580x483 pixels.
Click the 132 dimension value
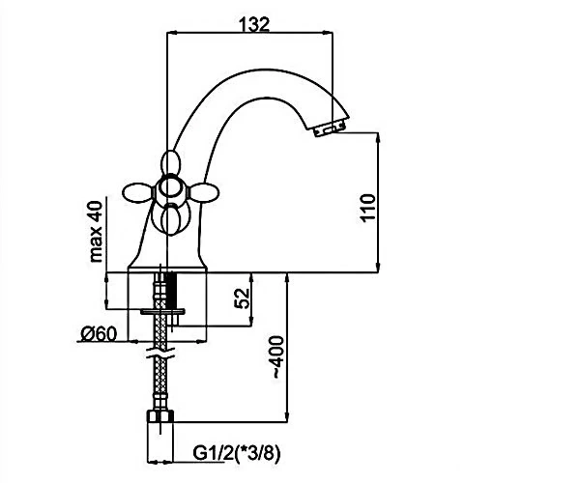[254, 25]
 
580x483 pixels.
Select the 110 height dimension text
[367, 208]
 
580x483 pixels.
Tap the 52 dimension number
[243, 298]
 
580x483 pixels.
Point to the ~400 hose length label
[278, 356]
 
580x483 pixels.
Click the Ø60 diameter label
[99, 334]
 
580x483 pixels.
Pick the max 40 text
[96, 231]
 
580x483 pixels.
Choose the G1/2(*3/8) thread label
[237, 453]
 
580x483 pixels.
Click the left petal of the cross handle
[137, 192]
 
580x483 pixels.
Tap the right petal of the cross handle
[204, 192]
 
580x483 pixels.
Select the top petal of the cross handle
[171, 162]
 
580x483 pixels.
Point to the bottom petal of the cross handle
[171, 220]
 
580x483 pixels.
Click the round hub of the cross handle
[170, 188]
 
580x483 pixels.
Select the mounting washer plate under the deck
[162, 312]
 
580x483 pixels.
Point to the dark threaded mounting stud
[170, 291]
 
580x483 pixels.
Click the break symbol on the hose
[160, 353]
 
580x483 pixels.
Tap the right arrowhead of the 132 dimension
[328, 33]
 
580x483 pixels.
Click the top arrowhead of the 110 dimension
[378, 137]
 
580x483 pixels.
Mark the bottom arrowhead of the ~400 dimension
[287, 416]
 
